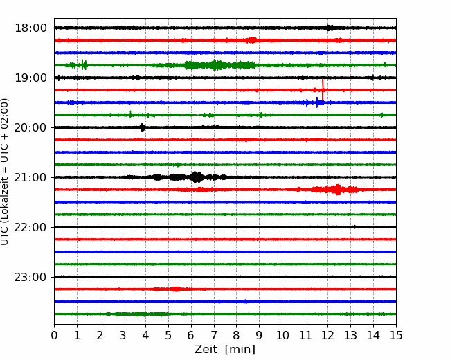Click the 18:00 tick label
[x=30, y=28]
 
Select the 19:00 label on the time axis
[x=30, y=78]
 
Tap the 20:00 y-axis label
[x=30, y=127]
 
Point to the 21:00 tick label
[x=30, y=177]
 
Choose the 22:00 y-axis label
[x=30, y=227]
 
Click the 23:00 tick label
[x=30, y=277]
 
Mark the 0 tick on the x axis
[x=54, y=335]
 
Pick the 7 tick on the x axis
[x=214, y=335]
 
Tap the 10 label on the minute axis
[x=282, y=335]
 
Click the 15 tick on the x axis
[x=396, y=335]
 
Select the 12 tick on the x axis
[x=327, y=335]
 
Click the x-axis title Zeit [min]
[x=225, y=350]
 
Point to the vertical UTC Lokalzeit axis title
[x=4, y=172]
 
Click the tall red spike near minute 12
[x=323, y=89]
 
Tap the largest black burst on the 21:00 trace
[x=197, y=177]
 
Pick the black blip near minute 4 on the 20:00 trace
[x=143, y=127]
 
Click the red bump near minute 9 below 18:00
[x=252, y=40]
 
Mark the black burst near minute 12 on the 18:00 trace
[x=330, y=28]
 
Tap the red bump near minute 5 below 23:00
[x=176, y=289]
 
